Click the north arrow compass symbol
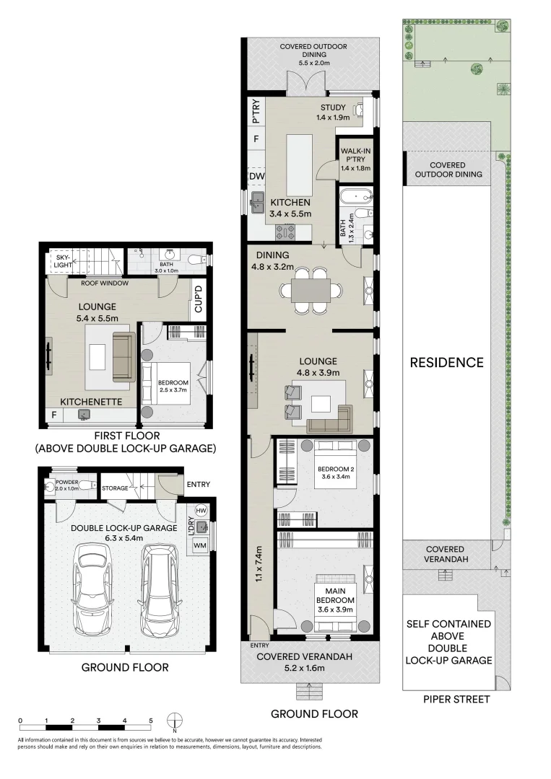tap(175, 721)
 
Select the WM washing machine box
tap(199, 545)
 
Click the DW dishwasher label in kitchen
tap(256, 177)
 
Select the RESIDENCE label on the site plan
tap(447, 362)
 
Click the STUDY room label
tap(333, 108)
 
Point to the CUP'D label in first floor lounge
tap(199, 299)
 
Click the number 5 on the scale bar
tap(151, 721)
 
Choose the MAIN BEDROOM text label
tap(334, 594)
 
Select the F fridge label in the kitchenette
tap(54, 415)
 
